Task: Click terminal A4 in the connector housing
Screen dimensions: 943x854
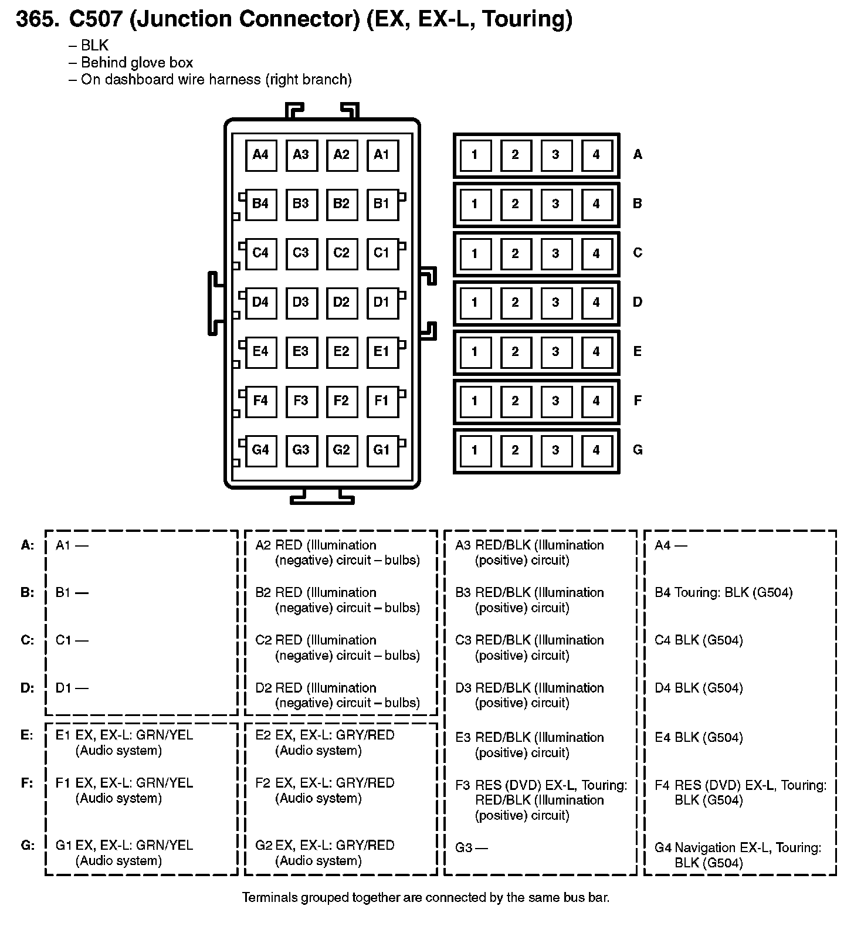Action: click(260, 155)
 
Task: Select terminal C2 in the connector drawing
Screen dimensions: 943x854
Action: click(341, 253)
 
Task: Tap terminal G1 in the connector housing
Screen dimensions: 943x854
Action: click(382, 450)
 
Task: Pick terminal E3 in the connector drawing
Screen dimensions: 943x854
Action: click(301, 351)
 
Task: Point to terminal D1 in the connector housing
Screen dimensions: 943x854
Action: click(382, 302)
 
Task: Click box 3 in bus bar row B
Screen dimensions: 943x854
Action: click(555, 204)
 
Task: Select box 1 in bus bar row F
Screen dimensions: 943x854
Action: click(475, 401)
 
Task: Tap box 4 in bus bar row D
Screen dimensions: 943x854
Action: click(596, 303)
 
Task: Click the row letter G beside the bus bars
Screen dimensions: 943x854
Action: click(638, 450)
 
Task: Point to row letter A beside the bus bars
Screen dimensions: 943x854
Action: click(638, 154)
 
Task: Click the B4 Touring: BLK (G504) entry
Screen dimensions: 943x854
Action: click(724, 592)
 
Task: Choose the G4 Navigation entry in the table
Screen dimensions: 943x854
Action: click(738, 855)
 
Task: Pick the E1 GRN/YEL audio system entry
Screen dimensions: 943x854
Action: click(124, 742)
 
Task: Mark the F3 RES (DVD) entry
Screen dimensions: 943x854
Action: click(541, 800)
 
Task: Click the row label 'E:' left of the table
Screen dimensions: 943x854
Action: click(27, 735)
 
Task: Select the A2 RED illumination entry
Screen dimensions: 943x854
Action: click(338, 552)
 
